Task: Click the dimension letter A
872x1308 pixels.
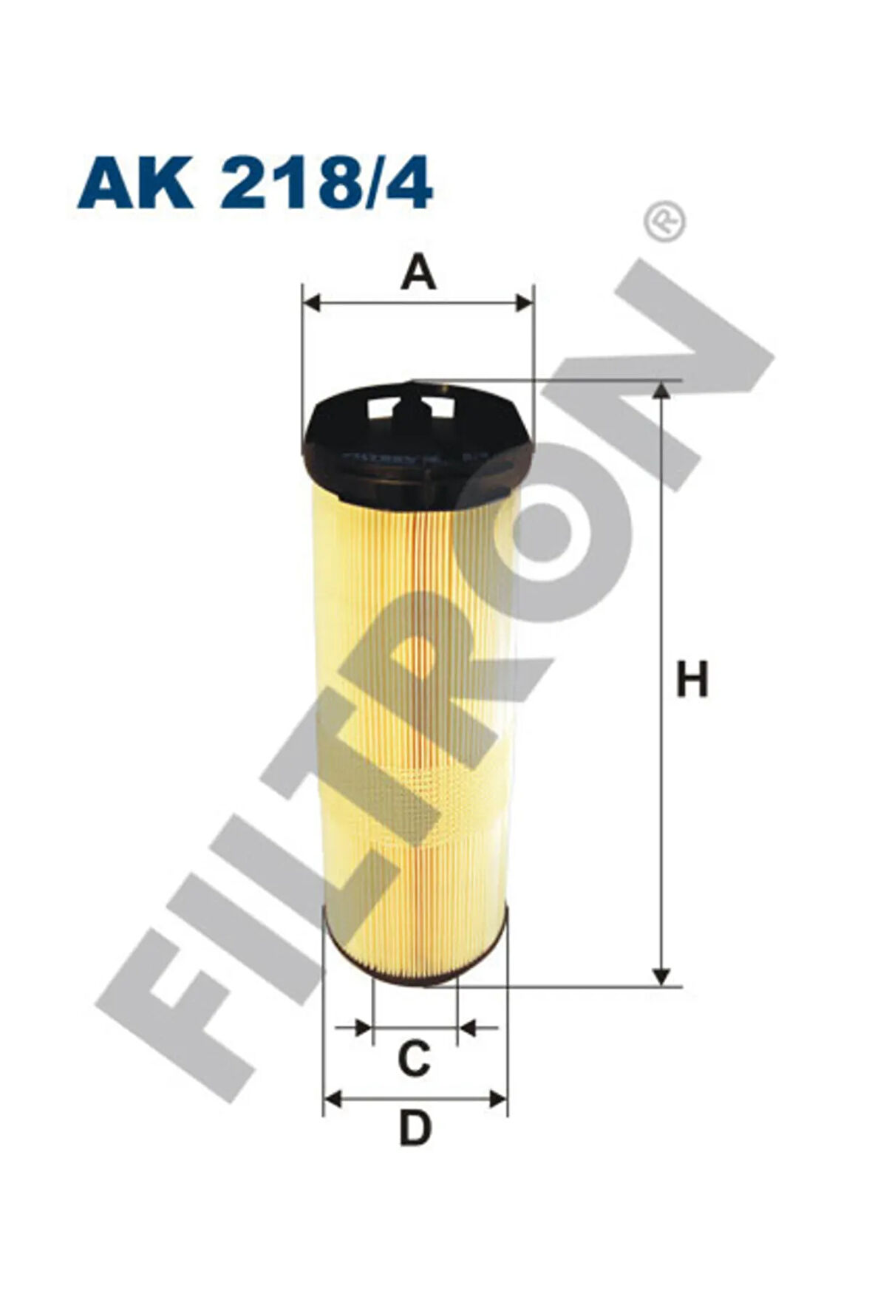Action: pos(418,272)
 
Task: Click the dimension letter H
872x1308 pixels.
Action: pos(692,679)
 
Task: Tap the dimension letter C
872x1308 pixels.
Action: pos(414,1057)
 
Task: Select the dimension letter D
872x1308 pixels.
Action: pos(415,1128)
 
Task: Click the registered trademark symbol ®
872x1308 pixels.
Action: pos(665,221)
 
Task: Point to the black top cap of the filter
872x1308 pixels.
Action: pos(418,443)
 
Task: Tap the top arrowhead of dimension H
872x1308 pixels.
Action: pos(662,390)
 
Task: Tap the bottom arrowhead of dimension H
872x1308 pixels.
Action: pos(662,976)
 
